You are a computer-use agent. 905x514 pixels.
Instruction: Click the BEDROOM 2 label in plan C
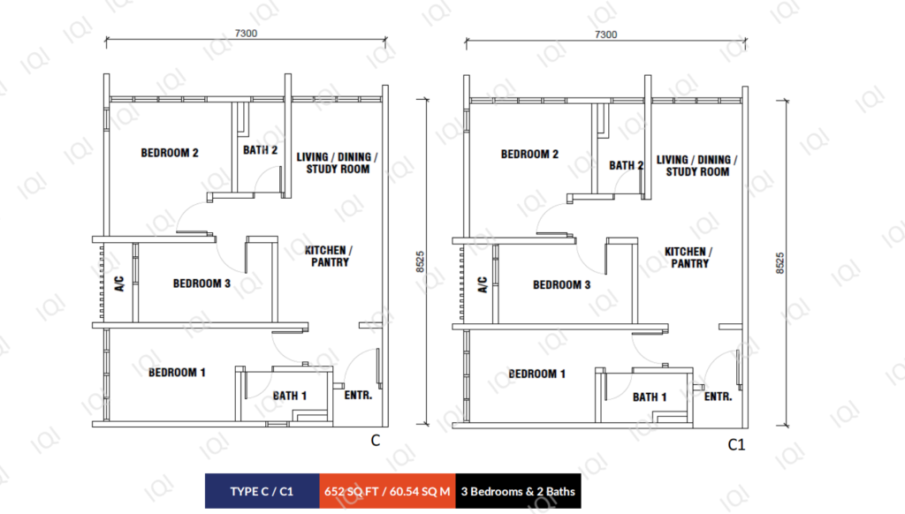170,153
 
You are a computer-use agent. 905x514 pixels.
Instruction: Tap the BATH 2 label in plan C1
627,165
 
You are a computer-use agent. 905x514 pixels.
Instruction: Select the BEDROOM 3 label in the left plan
202,283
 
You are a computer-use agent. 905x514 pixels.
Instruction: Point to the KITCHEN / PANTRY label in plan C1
688,257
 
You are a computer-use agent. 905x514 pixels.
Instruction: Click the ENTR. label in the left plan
358,395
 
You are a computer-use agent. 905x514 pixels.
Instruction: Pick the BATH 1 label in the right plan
650,397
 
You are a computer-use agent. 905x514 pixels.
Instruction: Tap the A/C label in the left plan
119,283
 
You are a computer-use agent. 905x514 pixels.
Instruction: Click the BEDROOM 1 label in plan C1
536,374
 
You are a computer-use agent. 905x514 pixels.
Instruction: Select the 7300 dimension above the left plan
246,34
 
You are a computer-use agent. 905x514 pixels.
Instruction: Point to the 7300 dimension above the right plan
606,34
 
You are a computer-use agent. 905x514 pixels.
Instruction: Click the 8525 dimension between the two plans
420,262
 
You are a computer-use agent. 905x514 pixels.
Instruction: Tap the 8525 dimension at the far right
780,263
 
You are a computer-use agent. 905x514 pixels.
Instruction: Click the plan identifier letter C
375,441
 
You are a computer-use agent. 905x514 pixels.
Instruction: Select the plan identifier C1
736,445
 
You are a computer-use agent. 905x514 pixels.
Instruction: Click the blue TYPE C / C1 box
262,491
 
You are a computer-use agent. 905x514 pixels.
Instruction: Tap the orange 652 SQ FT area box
387,491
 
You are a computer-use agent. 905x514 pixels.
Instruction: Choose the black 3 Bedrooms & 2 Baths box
518,491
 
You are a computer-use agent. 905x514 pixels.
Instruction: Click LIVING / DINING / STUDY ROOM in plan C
337,163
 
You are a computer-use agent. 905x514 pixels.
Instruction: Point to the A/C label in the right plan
483,285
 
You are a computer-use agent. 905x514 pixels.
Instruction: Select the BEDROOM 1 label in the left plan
177,373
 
